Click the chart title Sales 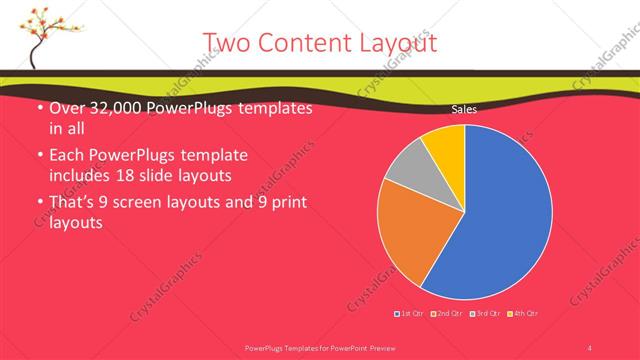[x=463, y=109]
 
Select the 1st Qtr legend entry [x=410, y=314]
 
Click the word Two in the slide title [x=227, y=43]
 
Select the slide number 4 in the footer [x=590, y=347]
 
